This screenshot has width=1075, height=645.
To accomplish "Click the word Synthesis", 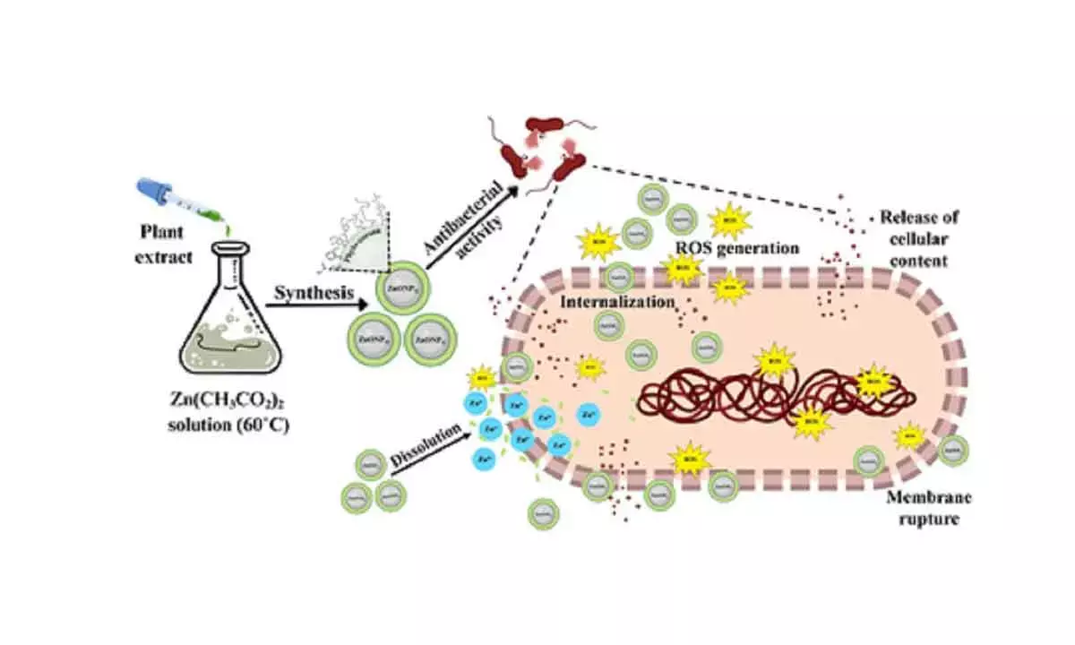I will point(310,293).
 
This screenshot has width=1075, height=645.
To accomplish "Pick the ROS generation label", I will point(736,248).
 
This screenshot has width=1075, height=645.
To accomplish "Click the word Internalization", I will point(617,302).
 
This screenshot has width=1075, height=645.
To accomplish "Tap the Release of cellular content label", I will point(919,241).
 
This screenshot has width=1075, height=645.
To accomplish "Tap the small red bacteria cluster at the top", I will point(538,157).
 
